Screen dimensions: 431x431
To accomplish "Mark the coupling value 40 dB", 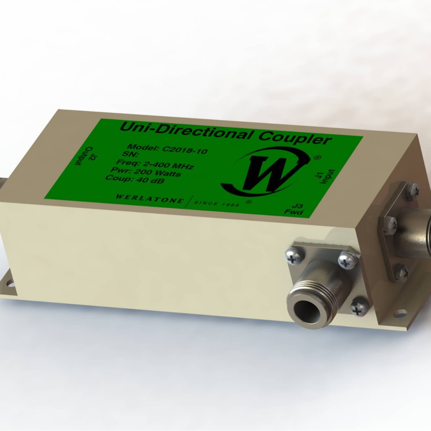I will click(x=150, y=181).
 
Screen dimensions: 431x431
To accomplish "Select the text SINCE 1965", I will click(x=217, y=203).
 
